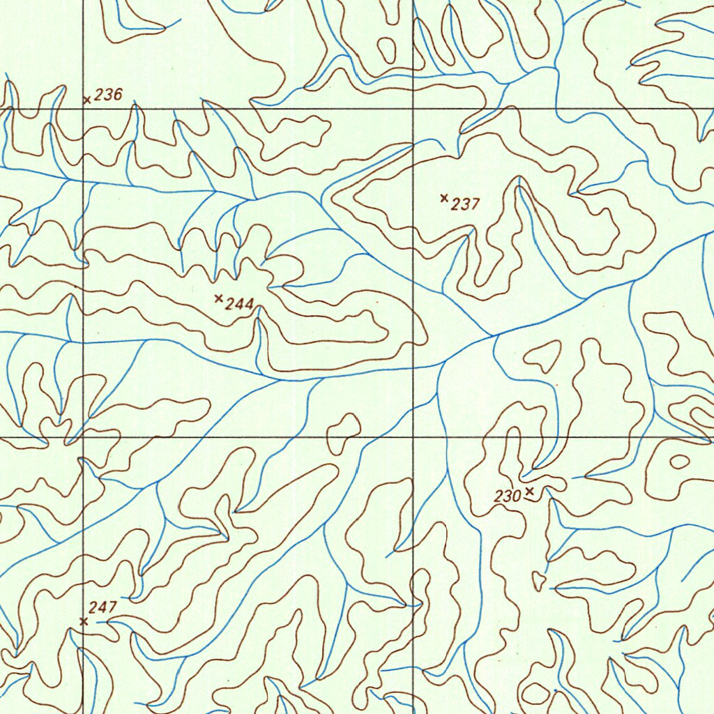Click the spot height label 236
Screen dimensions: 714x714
(x=108, y=95)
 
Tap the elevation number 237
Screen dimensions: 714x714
(x=466, y=204)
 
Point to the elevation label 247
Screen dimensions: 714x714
(x=102, y=607)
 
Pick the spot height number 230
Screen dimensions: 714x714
(x=508, y=496)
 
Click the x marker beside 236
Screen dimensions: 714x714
(x=87, y=100)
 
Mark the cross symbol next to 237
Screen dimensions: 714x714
(x=444, y=198)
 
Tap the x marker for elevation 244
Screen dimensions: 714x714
(x=219, y=298)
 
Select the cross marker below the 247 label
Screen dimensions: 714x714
(x=84, y=621)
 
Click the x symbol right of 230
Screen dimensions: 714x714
(x=530, y=492)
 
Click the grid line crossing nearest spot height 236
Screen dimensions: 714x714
(x=83, y=108)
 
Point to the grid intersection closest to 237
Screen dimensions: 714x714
(x=413, y=108)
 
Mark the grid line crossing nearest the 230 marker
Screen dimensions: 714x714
(x=413, y=437)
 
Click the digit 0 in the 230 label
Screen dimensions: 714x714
(x=517, y=496)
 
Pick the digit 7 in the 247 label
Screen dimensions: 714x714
(x=112, y=607)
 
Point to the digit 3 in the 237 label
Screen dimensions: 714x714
(x=466, y=204)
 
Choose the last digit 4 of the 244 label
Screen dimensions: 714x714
(x=250, y=304)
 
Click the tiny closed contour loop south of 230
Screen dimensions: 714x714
(x=538, y=579)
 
